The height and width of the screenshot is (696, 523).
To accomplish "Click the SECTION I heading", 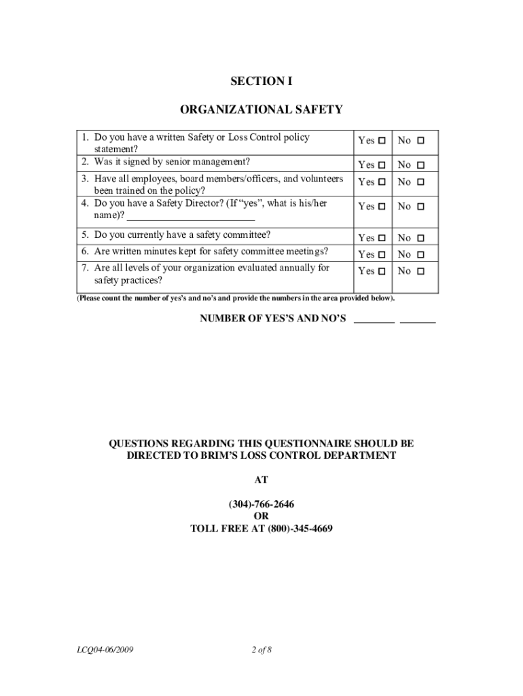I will click(x=261, y=82).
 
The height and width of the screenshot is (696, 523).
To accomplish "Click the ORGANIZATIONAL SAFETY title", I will click(x=261, y=109).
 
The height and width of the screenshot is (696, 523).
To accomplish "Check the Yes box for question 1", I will click(x=382, y=141).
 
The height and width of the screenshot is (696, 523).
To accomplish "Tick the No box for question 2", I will click(x=420, y=165).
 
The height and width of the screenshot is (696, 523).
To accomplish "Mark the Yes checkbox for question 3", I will click(x=382, y=182).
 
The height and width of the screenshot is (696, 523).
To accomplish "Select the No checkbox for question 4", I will click(x=420, y=207).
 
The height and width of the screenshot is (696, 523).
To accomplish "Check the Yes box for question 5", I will click(x=382, y=238).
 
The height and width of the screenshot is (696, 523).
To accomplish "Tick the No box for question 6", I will click(x=420, y=254).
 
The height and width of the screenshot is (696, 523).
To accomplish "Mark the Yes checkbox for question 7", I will click(x=382, y=271).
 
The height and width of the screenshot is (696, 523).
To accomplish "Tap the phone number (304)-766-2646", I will click(x=261, y=504).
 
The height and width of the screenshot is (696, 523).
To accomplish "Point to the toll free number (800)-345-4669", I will click(x=300, y=528).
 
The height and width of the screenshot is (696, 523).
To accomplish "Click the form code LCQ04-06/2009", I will click(x=105, y=650).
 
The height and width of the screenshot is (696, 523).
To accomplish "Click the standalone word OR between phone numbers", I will click(x=261, y=517).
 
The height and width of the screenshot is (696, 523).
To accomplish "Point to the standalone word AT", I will click(x=261, y=480).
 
